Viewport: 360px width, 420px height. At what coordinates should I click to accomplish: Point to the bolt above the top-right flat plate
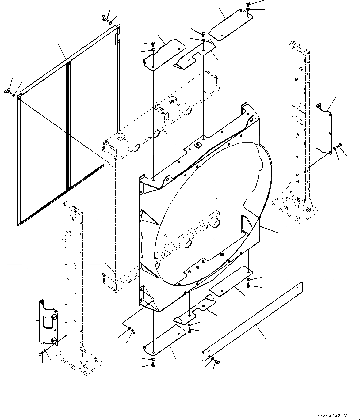(x=248, y=4)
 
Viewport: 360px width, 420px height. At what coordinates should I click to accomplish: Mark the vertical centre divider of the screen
(x=69, y=126)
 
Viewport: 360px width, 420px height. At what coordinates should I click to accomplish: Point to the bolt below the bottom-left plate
(x=153, y=365)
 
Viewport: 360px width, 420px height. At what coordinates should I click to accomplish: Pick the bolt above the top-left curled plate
(x=153, y=44)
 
